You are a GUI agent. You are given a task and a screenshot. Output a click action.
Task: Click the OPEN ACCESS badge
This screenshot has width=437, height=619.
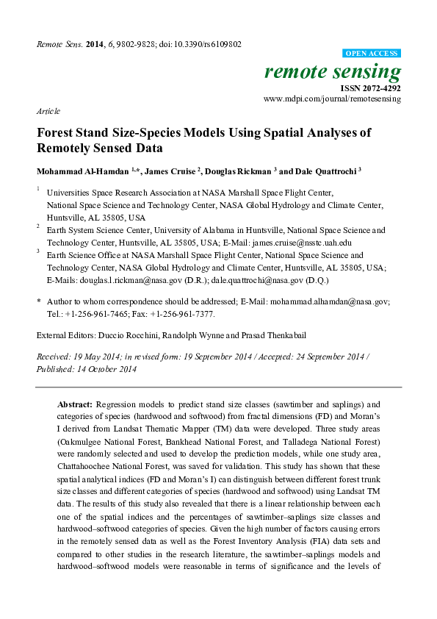372,54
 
